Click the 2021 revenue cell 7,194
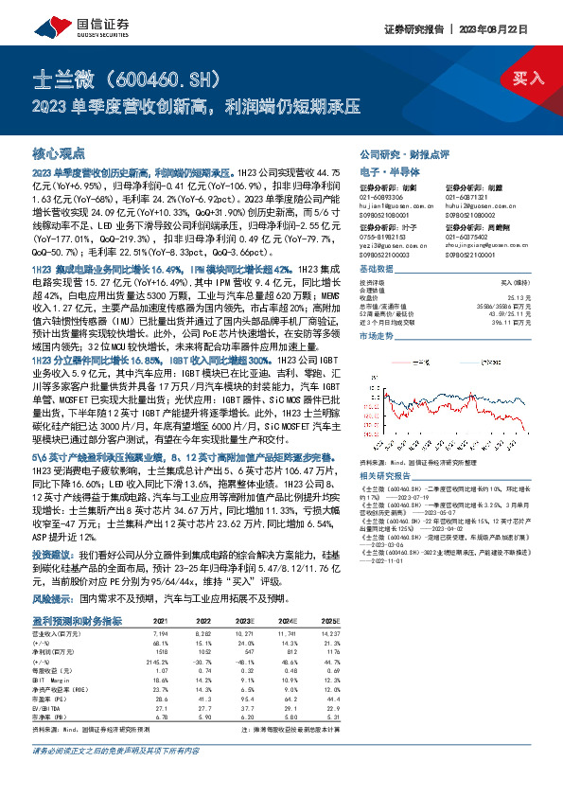point(160,630)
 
